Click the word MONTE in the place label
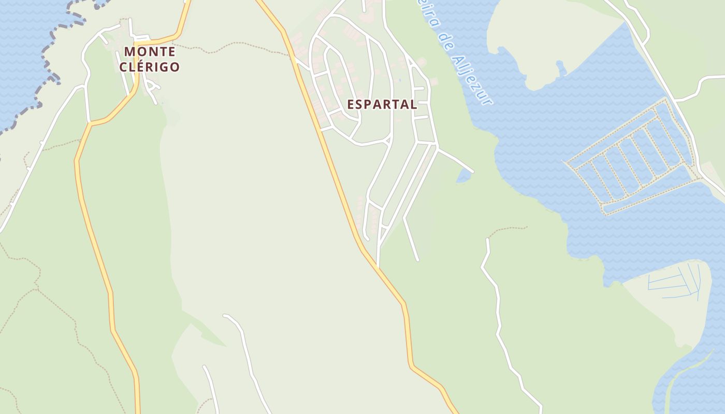coord(149,52)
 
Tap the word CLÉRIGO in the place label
coord(149,67)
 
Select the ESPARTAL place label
coord(382,104)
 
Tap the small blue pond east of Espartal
coord(464,176)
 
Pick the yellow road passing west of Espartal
coord(331,155)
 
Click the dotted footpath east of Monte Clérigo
coord(233,47)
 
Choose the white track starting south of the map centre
coord(243,342)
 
